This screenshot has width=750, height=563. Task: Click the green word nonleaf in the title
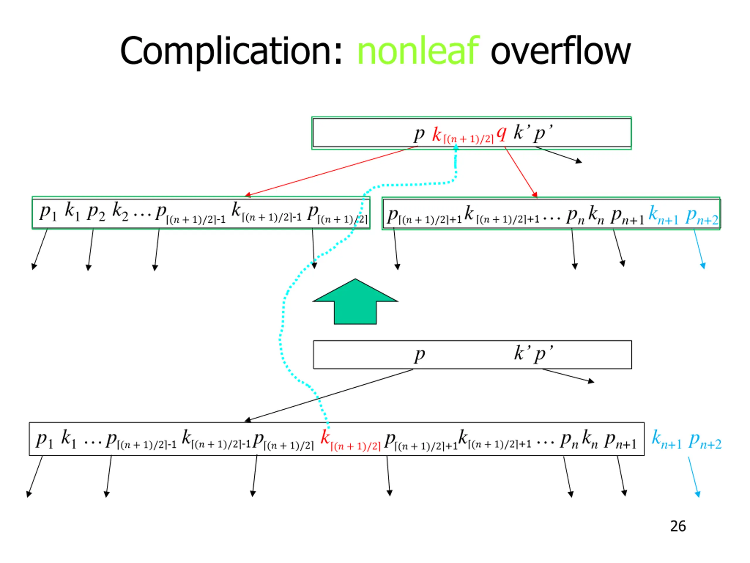click(x=418, y=51)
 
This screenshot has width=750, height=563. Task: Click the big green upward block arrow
click(x=355, y=302)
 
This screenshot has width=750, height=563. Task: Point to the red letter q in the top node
click(x=501, y=134)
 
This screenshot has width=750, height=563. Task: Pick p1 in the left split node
click(x=48, y=212)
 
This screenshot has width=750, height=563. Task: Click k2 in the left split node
click(x=120, y=211)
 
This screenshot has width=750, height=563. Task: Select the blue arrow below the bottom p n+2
click(x=694, y=477)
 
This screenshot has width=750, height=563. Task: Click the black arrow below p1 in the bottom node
click(x=35, y=476)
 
